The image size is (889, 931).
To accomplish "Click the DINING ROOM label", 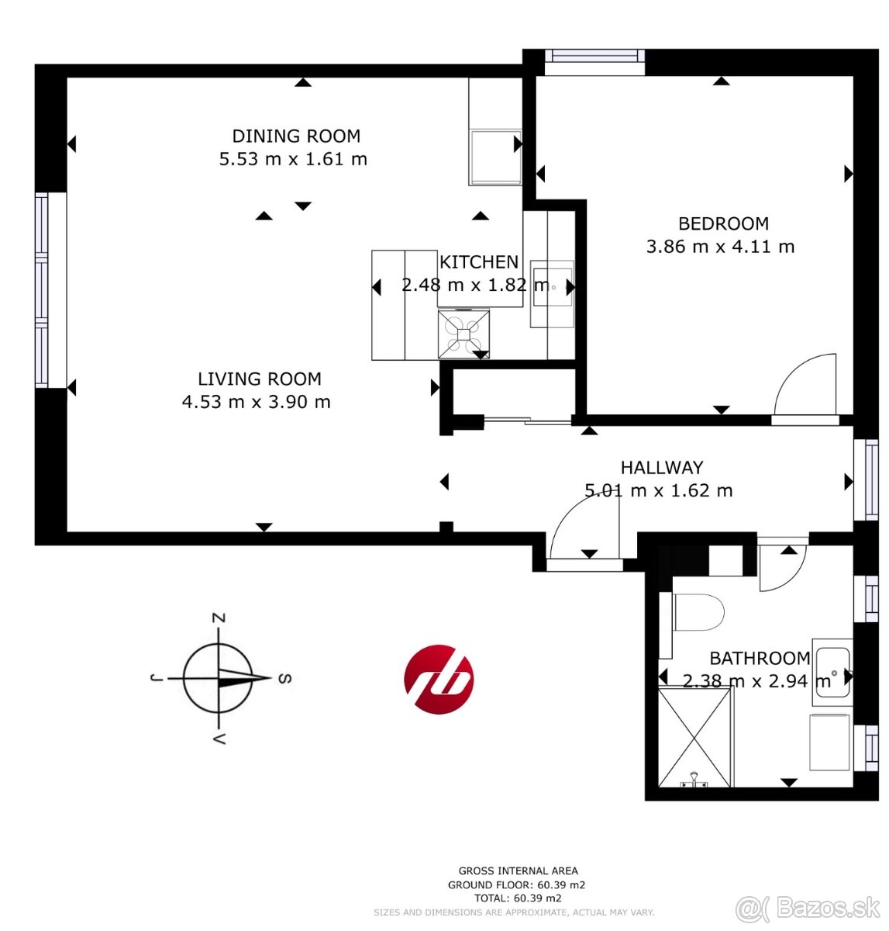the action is tap(296, 136).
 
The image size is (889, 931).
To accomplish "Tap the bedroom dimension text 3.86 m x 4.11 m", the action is tap(720, 247).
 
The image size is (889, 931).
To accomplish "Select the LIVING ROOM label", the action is tap(259, 379).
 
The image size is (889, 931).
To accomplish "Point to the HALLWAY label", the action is tap(661, 467).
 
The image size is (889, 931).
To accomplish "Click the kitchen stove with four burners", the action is tap(463, 333).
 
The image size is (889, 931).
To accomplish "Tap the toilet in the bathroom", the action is tap(698, 612).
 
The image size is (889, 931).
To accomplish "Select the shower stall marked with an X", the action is tap(694, 736).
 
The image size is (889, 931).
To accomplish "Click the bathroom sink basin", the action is tap(832, 672).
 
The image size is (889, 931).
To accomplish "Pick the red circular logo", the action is tap(438, 680).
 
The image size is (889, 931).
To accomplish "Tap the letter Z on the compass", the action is tap(219, 618).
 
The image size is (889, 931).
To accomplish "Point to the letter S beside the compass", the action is tap(285, 678).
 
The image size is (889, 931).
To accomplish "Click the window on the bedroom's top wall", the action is tap(594, 57).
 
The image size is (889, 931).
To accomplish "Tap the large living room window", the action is tap(42, 290).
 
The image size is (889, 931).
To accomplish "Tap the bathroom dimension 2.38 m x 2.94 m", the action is tap(756, 680).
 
